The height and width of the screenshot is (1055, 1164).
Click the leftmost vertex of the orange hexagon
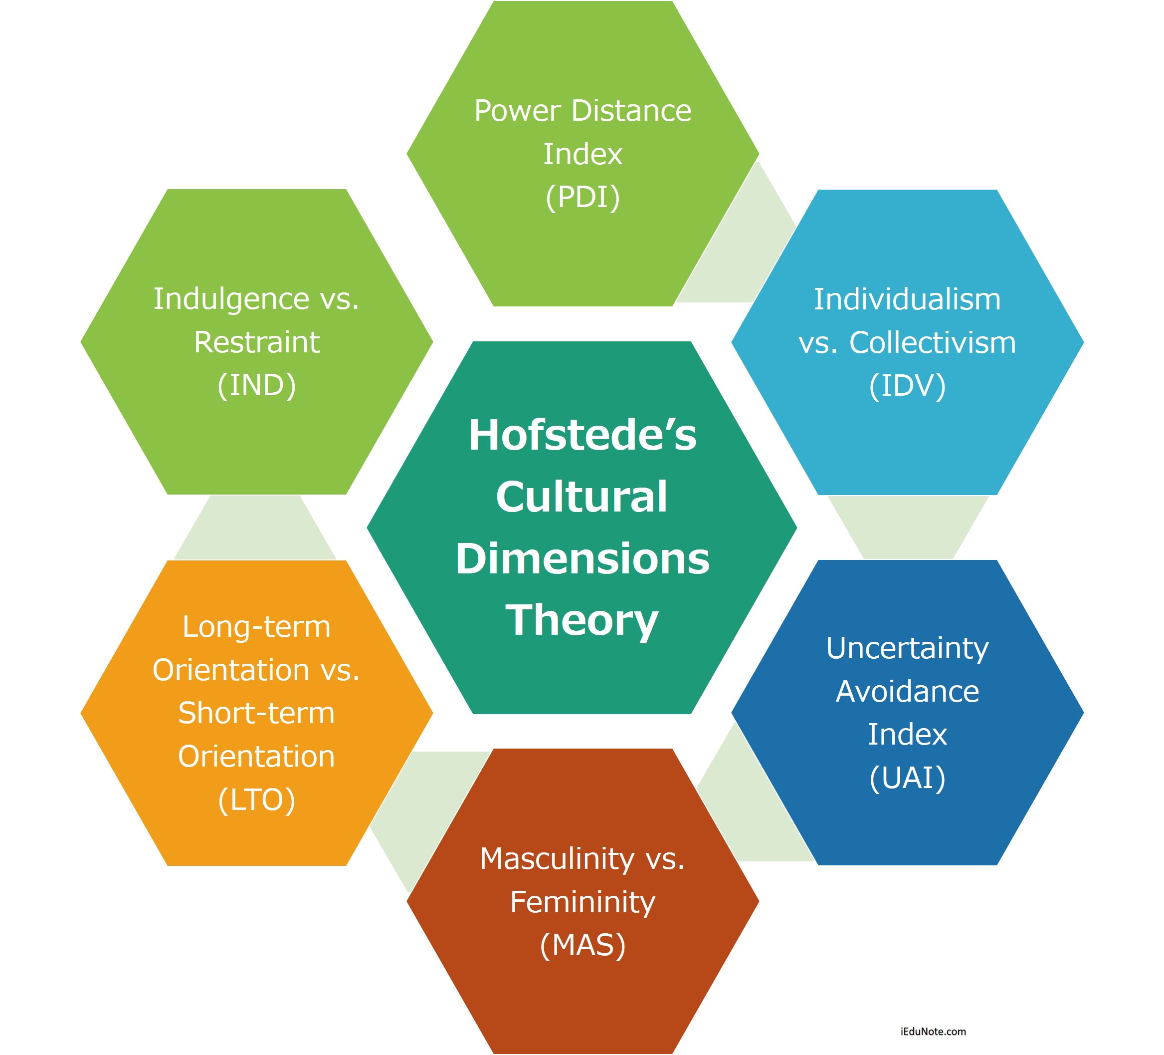click(x=81, y=713)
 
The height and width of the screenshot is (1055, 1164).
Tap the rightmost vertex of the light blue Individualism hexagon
click(x=1084, y=342)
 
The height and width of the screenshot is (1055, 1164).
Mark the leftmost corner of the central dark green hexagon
click(x=367, y=527)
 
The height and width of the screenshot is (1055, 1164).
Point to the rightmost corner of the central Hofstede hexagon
click(x=797, y=527)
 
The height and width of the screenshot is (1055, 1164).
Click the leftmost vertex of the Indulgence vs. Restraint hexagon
click(x=81, y=341)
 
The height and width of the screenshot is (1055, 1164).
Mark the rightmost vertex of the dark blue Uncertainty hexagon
click(x=1084, y=712)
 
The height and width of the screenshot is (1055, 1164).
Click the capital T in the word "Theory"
click(x=521, y=619)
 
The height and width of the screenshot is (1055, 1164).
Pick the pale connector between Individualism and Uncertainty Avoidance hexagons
click(x=908, y=527)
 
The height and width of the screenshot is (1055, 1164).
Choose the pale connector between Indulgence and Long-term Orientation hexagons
click(x=255, y=527)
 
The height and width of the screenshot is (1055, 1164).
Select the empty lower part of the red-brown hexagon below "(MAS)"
click(x=582, y=1005)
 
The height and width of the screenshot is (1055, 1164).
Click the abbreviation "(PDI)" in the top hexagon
click(x=582, y=197)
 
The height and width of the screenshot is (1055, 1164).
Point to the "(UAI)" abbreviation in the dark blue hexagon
click(x=908, y=778)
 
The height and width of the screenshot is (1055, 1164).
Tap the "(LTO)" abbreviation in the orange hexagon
click(x=257, y=799)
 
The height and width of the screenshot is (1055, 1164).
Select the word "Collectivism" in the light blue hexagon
click(x=933, y=343)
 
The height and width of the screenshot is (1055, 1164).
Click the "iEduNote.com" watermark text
click(x=933, y=1032)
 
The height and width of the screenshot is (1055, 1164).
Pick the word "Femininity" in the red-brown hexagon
click(x=582, y=902)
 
